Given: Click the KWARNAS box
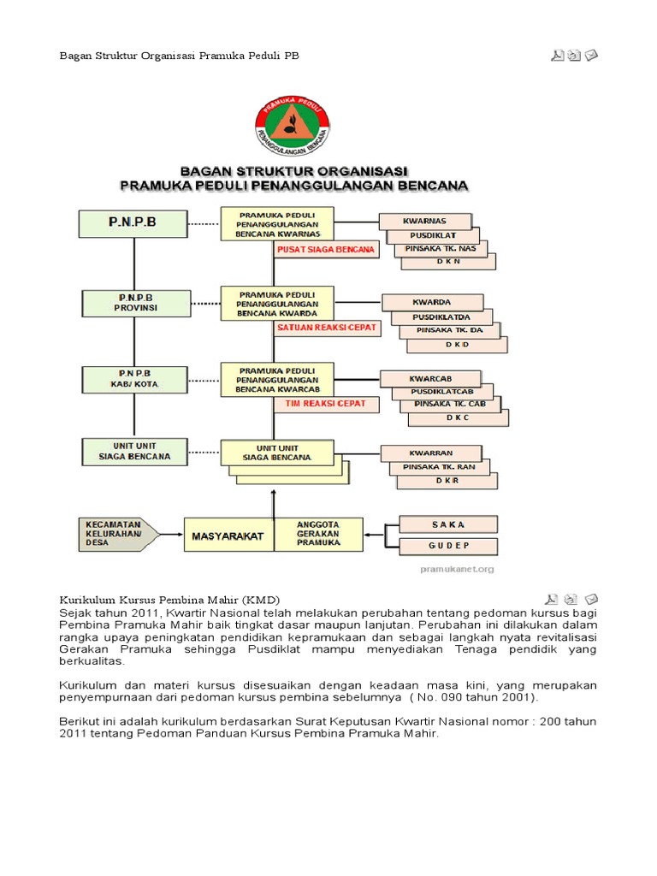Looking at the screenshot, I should point(425,221).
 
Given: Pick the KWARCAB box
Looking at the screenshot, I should point(429,378).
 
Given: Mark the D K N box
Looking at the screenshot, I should point(450,262).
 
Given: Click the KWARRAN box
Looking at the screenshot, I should point(430,453).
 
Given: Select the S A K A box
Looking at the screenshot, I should point(448,523).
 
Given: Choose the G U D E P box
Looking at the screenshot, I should point(448,545).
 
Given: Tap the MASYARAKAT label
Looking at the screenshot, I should point(228,536).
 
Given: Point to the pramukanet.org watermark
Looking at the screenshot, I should point(457,568).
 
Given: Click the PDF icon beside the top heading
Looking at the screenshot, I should point(557,56).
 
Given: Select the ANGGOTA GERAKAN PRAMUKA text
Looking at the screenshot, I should point(317,534).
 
